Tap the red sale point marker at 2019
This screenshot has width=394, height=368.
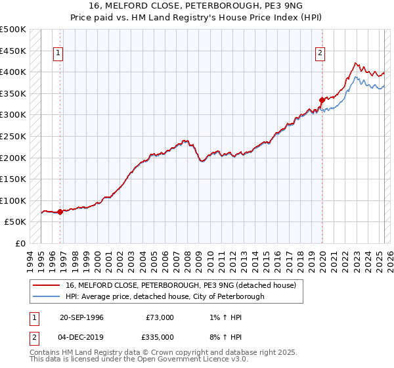point(322,100)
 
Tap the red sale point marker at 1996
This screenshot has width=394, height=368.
point(60,212)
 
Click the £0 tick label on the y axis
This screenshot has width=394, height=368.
point(21,243)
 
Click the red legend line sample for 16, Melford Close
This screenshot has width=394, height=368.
point(47,285)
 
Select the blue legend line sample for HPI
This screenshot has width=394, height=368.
point(47,296)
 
